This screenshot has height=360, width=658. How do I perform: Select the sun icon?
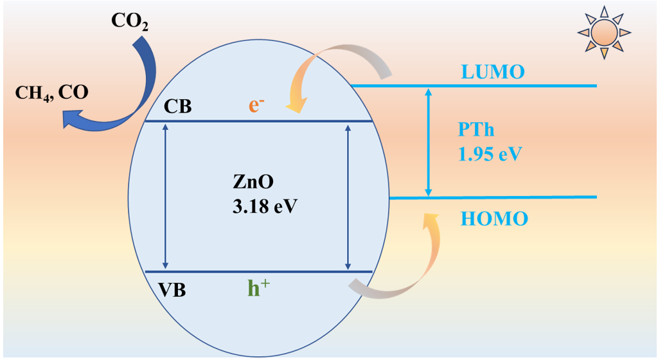[x=603, y=31]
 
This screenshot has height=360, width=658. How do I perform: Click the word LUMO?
[x=493, y=71]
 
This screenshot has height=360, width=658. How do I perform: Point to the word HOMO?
[x=494, y=219]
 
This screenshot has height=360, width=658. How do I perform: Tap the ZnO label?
[x=254, y=182]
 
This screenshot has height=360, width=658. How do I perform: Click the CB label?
[x=177, y=106]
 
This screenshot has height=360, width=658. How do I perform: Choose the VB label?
[x=172, y=290]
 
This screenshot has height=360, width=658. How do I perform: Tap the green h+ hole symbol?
[x=258, y=289]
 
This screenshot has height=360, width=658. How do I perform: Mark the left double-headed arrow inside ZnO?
[x=166, y=195]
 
